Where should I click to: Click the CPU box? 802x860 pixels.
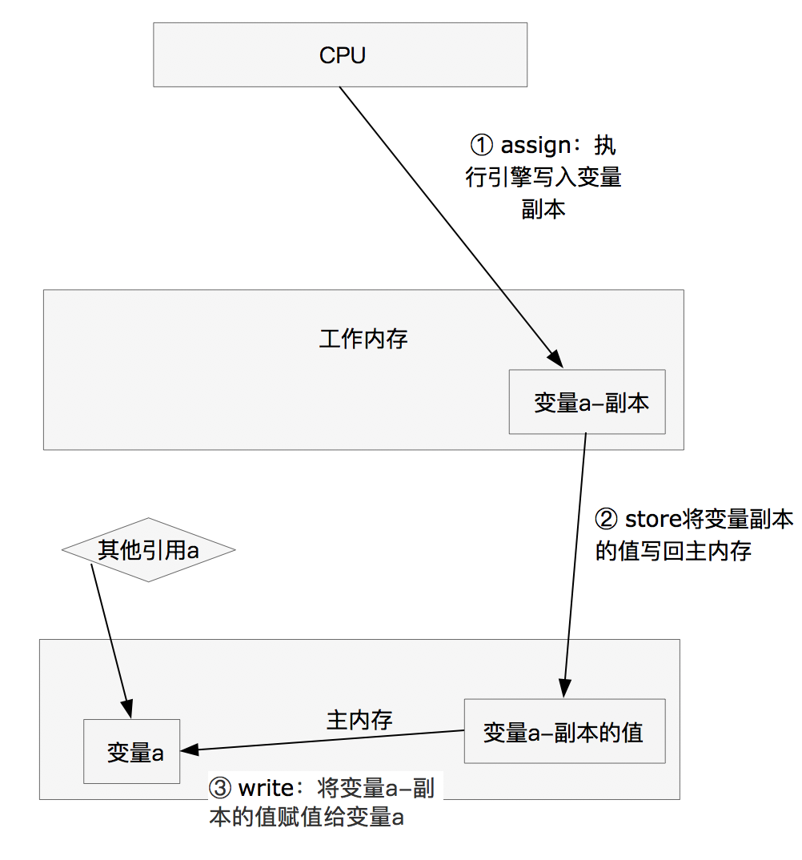click(x=340, y=54)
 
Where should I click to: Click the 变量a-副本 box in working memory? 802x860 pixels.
click(x=587, y=402)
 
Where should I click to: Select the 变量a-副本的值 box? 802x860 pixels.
click(x=564, y=731)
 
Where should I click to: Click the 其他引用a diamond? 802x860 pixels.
click(x=148, y=550)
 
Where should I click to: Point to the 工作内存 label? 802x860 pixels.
click(x=363, y=339)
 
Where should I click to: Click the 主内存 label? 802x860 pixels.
click(x=359, y=719)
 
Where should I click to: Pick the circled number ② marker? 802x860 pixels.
click(x=606, y=520)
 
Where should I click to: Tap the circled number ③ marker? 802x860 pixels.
click(x=219, y=788)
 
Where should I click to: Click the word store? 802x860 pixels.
click(x=652, y=520)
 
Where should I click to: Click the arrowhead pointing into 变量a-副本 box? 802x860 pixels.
click(x=552, y=360)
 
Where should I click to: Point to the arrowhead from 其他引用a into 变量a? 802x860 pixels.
click(x=127, y=711)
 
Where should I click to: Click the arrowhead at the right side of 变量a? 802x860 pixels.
click(x=189, y=750)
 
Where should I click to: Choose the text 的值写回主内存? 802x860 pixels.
click(x=673, y=551)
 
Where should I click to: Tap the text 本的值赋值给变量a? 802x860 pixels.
click(x=306, y=818)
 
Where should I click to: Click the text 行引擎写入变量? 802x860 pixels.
click(x=543, y=177)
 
